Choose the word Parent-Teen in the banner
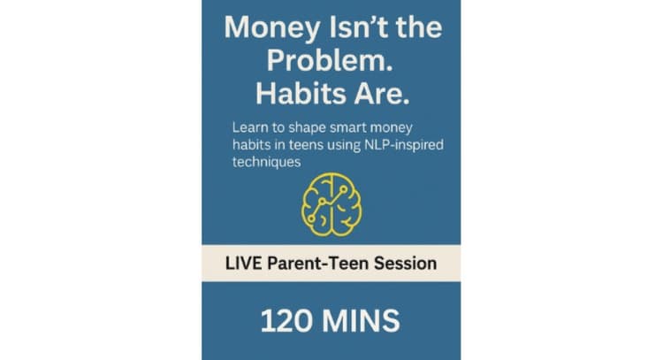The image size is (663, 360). (322, 263)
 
